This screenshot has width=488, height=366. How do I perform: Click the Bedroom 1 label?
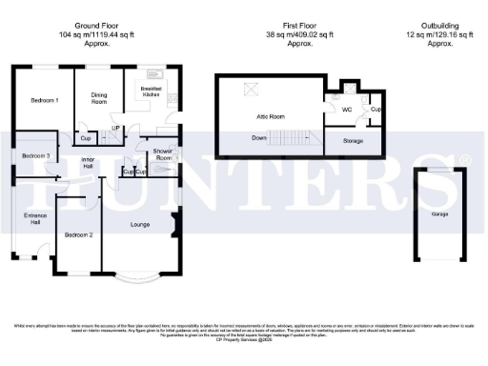tap(44, 101)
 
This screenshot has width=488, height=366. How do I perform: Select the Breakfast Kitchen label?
tap(152, 92)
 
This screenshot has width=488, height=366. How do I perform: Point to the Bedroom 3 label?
tap(35, 155)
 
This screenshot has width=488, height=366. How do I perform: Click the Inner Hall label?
tap(88, 162)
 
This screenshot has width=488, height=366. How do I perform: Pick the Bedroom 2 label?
tap(78, 234)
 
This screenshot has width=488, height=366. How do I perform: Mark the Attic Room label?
tap(272, 115)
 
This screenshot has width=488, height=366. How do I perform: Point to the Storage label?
tap(352, 140)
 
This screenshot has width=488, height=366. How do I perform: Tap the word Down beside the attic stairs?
tap(259, 138)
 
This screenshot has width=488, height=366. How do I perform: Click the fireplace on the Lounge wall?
tap(174, 227)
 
